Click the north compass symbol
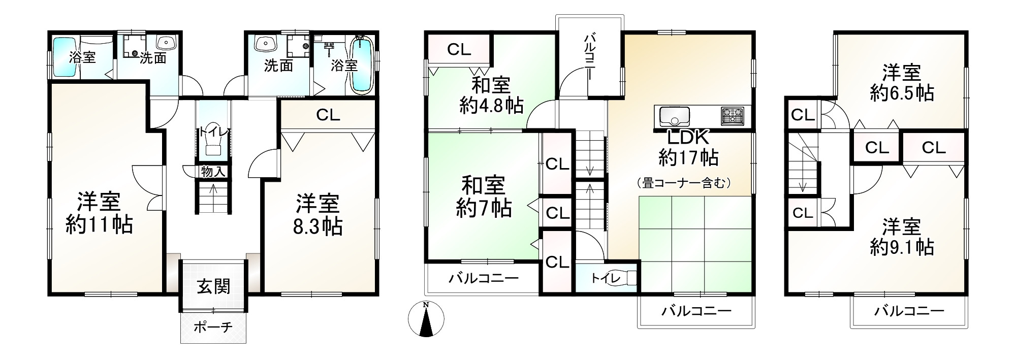[426, 319]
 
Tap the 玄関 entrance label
[213, 287]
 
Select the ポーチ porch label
[213, 326]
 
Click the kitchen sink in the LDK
[674, 117]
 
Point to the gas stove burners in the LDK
[732, 116]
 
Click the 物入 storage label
[213, 172]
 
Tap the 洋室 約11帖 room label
[99, 213]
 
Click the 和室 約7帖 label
[484, 197]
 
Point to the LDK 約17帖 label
[688, 148]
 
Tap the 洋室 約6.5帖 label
[901, 83]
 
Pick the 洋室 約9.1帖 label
[901, 237]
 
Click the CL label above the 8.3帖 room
[328, 115]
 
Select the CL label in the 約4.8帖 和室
[459, 49]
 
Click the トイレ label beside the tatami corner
[605, 278]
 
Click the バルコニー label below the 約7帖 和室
[483, 278]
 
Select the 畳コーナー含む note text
[684, 183]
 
